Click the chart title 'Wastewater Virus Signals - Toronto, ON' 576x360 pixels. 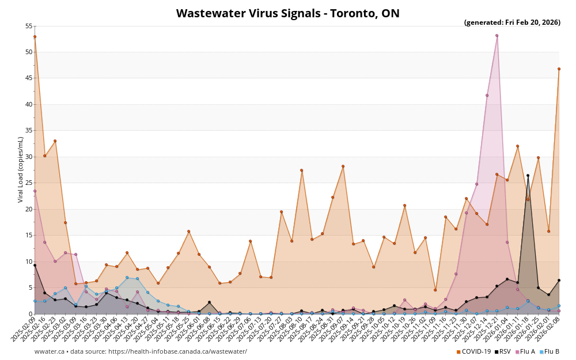tap(287, 13)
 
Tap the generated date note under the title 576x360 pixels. tap(512, 22)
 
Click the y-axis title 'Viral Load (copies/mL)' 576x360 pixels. tap(21, 169)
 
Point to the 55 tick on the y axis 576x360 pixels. tap(29, 26)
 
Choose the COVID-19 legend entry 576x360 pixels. tap(473, 351)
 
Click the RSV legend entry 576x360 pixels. tap(502, 351)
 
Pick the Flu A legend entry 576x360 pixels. tap(525, 351)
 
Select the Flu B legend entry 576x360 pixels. tap(549, 351)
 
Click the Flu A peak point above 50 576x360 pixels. tap(497, 36)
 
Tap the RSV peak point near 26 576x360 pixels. tap(528, 175)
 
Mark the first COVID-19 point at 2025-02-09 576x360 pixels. tap(35, 37)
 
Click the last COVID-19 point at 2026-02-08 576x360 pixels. tap(559, 69)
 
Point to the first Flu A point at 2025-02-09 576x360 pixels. tap(35, 191)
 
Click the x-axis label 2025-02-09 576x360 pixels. tap(24, 327)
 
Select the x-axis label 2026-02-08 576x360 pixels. tap(548, 327)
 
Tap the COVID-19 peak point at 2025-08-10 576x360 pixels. tap(301, 170)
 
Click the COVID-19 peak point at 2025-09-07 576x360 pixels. tap(343, 166)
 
